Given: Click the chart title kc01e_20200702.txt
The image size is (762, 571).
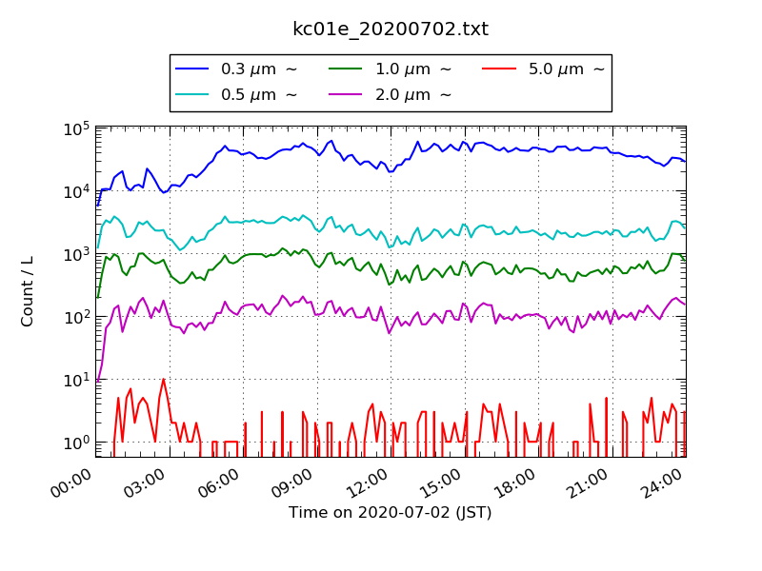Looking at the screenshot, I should (x=391, y=30).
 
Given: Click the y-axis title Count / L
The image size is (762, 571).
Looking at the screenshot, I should (x=28, y=290).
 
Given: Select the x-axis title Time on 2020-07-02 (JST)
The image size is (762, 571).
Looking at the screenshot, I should (x=391, y=513).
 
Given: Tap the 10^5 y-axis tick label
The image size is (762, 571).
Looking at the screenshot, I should (x=78, y=129).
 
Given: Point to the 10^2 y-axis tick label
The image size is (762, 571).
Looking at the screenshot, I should (x=78, y=317).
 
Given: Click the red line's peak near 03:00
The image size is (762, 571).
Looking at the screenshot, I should (x=164, y=379).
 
